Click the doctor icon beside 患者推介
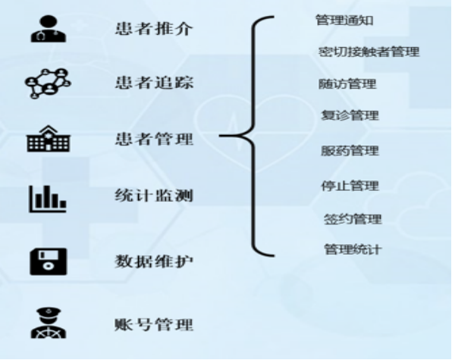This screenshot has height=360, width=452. click(x=49, y=29)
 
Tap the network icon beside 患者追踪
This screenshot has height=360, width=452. click(x=48, y=83)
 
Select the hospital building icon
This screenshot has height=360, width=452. click(x=49, y=139)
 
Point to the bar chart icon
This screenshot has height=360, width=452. click(x=48, y=199)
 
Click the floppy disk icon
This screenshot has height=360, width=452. click(x=49, y=261)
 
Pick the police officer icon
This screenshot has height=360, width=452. click(x=49, y=323)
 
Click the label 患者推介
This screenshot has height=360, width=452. click(x=154, y=29)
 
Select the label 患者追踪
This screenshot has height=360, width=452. click(x=154, y=83)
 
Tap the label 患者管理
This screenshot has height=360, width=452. click(x=154, y=139)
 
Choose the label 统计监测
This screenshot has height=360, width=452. click(x=154, y=196)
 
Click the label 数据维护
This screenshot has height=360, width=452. click(x=154, y=261)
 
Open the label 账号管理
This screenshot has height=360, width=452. click(x=154, y=324)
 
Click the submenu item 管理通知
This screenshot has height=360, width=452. click(x=344, y=20)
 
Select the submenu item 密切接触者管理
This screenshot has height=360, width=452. click(x=369, y=52)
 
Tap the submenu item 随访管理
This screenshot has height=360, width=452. click(x=347, y=84)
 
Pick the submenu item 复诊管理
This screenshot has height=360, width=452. click(x=350, y=115)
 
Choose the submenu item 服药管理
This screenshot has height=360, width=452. click(x=350, y=151)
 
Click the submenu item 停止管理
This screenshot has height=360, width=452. click(x=350, y=186)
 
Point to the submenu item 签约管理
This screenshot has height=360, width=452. click(x=353, y=219)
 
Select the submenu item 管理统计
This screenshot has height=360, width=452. click(x=353, y=249)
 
